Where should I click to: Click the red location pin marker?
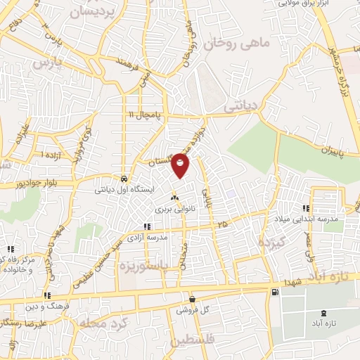(181, 167)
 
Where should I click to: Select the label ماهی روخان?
(236, 44)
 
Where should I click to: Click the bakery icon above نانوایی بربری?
(173, 198)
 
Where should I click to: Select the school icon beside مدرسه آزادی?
(146, 226)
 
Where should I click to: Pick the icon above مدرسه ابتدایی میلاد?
(306, 208)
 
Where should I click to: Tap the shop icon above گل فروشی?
(191, 299)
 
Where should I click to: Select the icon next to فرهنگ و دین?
(47, 296)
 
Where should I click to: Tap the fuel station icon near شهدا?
(274, 291)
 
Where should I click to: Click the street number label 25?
(223, 225)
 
